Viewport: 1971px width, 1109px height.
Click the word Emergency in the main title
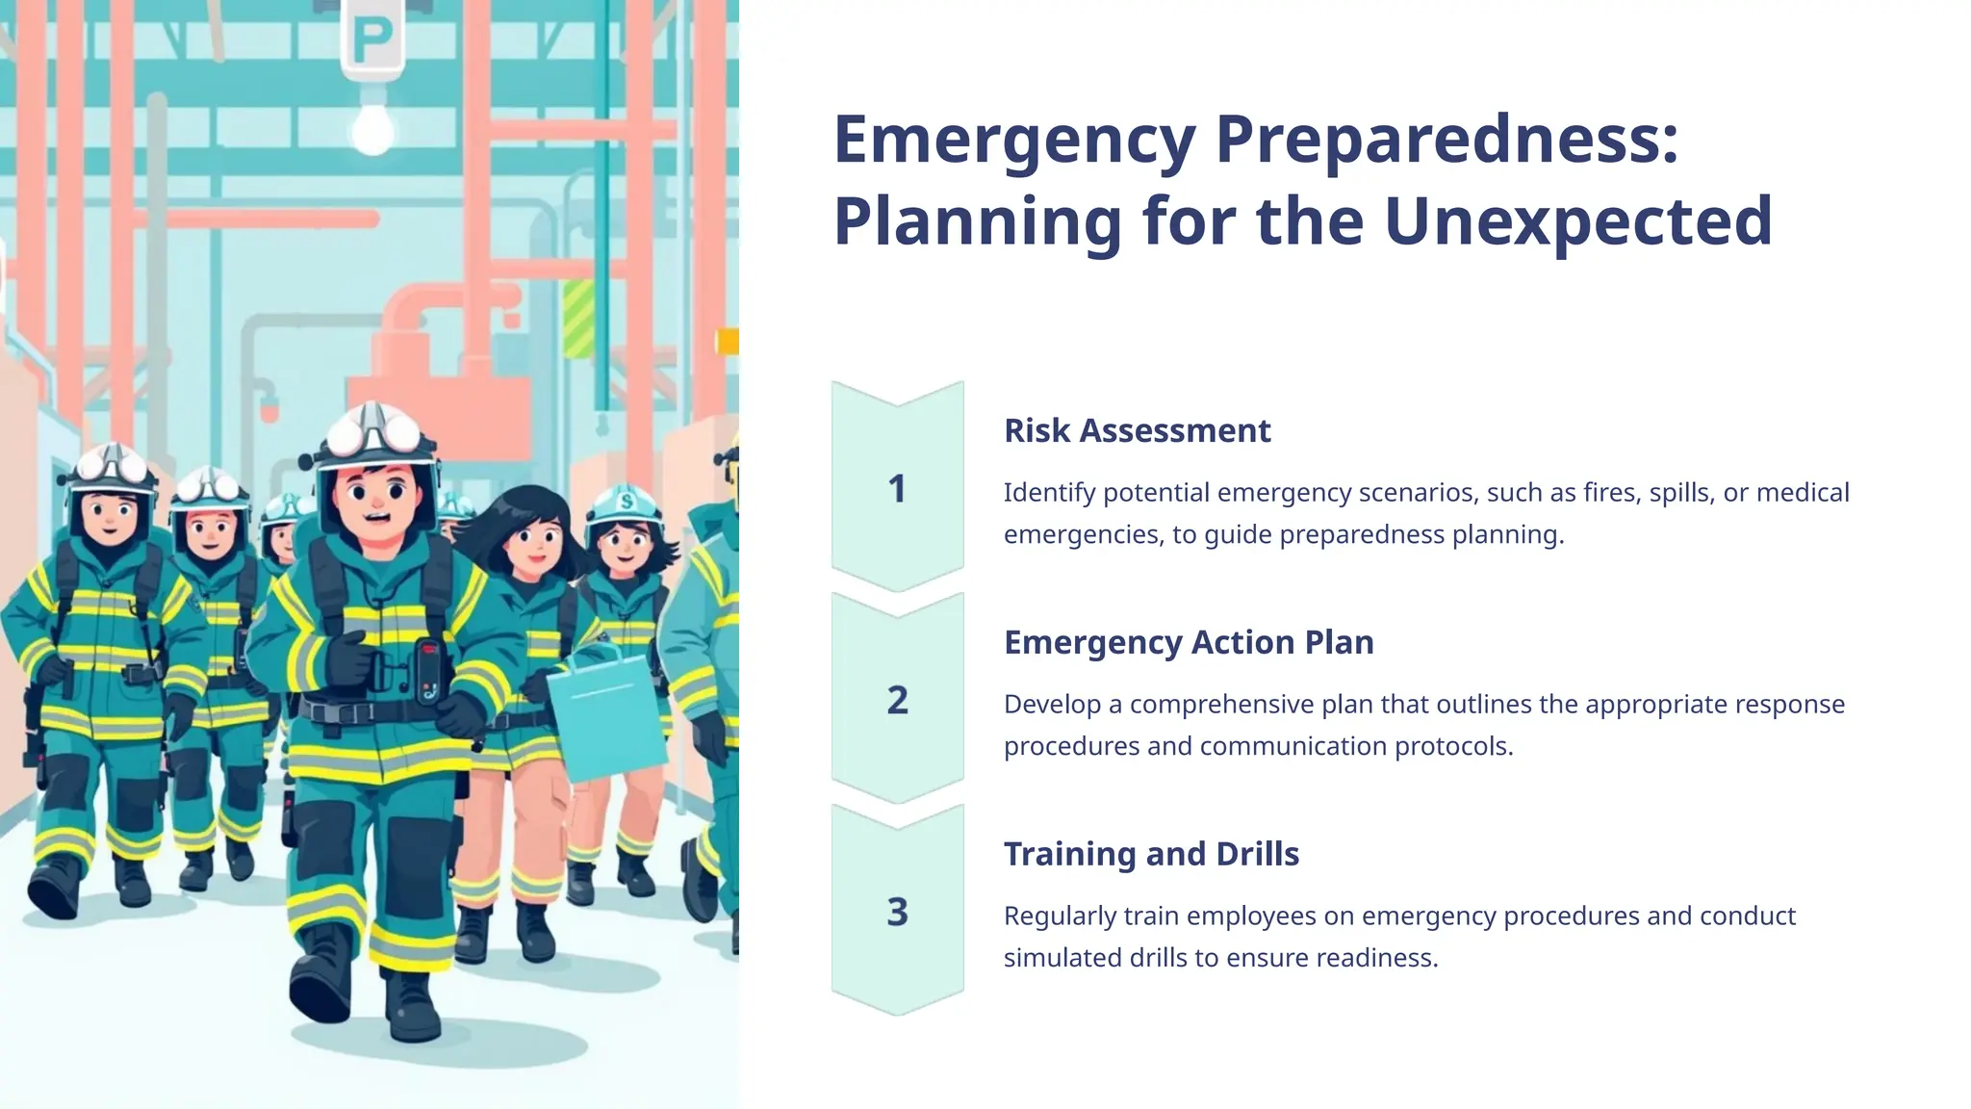click(1013, 141)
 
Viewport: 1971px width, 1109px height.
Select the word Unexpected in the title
click(1577, 221)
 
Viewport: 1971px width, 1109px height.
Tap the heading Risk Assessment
click(1137, 430)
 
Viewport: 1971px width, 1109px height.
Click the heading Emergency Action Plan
click(1189, 642)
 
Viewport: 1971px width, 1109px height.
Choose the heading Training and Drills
click(1151, 854)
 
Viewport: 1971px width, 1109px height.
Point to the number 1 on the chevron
click(897, 489)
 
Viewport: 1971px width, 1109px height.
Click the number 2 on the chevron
click(897, 701)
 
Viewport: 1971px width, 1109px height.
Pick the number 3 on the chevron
click(897, 912)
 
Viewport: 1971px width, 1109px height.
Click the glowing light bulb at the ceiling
click(372, 127)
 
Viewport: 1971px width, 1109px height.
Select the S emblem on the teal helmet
click(627, 502)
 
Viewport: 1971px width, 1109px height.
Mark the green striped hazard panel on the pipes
click(577, 319)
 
